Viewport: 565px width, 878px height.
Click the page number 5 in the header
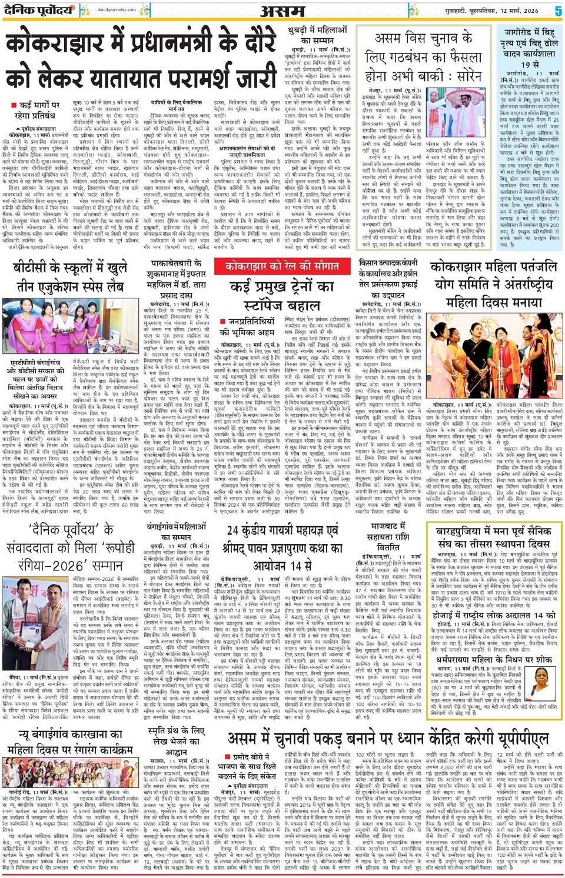coord(557,10)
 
